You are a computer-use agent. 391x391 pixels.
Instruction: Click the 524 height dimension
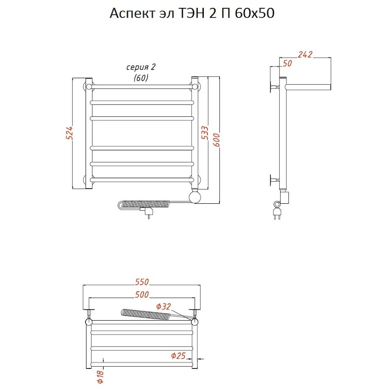(x=70, y=133)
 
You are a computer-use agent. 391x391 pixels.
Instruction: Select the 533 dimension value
(x=205, y=133)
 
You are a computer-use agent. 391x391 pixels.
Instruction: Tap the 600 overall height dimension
(x=216, y=140)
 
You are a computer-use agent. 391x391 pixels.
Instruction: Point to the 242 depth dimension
(x=305, y=54)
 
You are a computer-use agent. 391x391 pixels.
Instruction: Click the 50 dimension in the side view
(x=287, y=63)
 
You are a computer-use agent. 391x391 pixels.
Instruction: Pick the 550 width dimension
(x=142, y=282)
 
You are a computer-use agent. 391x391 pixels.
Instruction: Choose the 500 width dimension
(x=142, y=295)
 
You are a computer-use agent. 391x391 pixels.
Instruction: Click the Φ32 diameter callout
(x=164, y=306)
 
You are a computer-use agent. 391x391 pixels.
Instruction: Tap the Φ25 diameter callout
(x=178, y=355)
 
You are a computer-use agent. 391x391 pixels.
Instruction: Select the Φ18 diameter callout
(x=100, y=377)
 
